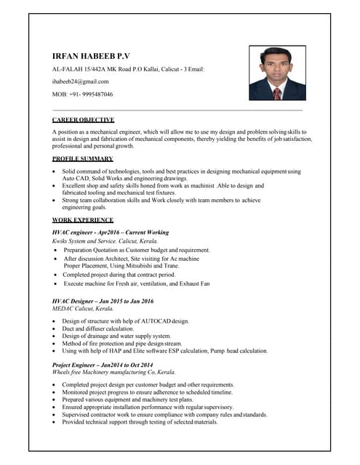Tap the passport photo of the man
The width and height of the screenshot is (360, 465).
click(277, 73)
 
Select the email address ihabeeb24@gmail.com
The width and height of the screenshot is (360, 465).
click(80, 81)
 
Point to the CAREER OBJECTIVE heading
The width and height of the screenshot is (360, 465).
click(83, 119)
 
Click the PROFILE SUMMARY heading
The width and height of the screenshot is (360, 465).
click(82, 158)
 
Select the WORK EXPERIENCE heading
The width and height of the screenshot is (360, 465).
click(82, 219)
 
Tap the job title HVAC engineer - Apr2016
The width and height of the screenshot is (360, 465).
click(110, 232)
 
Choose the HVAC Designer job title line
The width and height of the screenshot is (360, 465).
click(103, 301)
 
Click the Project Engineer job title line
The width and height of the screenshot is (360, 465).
click(103, 365)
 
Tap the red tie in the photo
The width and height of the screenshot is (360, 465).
click(276, 94)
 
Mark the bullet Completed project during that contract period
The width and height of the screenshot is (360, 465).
click(119, 275)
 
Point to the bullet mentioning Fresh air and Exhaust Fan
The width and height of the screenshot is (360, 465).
click(136, 283)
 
